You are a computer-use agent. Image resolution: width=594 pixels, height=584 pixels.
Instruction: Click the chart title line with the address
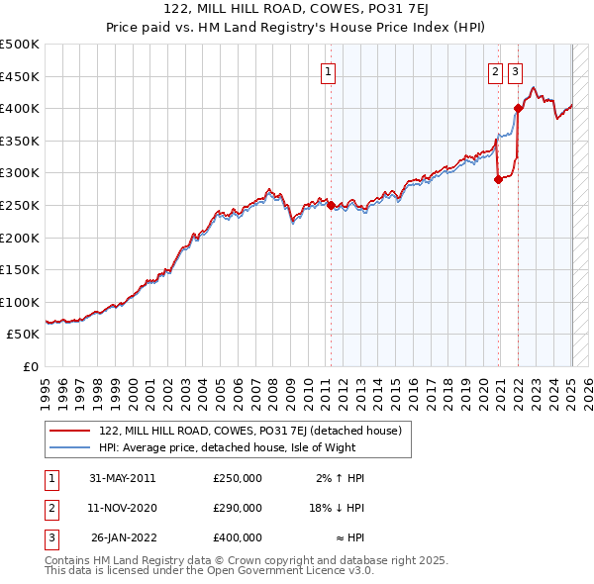pos(296,12)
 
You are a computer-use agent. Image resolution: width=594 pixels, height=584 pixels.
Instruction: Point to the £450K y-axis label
pos(20,76)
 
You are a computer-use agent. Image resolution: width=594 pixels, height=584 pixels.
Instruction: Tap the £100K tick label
pos(20,302)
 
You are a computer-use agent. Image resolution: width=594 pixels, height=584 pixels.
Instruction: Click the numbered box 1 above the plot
pos(328,70)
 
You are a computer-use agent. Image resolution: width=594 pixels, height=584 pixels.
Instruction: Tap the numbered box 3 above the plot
pos(516,70)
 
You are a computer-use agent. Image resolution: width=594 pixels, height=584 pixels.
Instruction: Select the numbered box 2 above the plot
pos(495,70)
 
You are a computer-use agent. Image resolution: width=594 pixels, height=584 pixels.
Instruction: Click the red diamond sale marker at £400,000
pos(518,108)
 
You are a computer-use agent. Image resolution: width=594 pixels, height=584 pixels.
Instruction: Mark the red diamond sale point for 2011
pos(331,206)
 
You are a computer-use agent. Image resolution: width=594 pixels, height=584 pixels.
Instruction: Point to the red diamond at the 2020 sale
pos(498,179)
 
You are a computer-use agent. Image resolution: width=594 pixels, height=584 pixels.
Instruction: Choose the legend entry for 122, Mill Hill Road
pos(248,432)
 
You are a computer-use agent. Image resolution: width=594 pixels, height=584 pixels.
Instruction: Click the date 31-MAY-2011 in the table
pos(123,478)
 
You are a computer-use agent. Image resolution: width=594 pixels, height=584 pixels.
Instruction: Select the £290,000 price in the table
pos(238,508)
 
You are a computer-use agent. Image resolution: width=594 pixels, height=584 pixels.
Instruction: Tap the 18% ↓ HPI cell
pos(337,508)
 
